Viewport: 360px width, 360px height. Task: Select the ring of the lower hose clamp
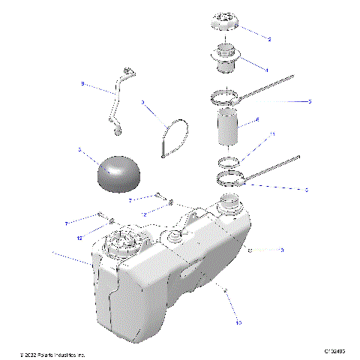click(x=230, y=178)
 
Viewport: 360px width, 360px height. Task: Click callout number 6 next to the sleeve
click(x=258, y=119)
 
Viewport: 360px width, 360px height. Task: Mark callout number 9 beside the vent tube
click(x=82, y=85)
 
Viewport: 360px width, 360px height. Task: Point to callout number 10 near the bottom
click(x=238, y=324)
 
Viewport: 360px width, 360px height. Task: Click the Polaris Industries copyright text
click(x=53, y=353)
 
